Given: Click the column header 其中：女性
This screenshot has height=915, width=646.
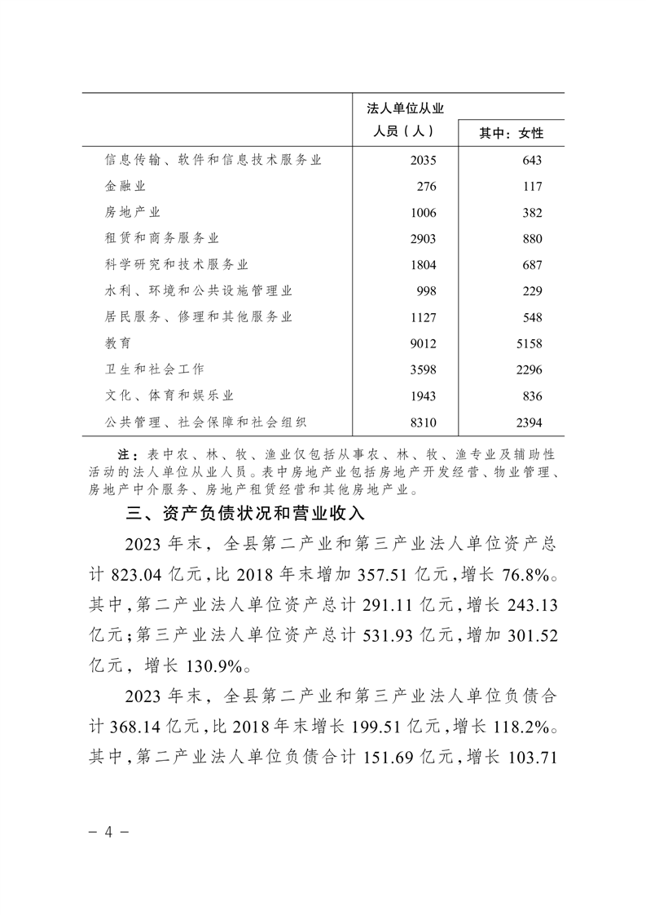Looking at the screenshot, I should point(512,133).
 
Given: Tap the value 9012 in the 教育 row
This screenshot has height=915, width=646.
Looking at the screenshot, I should point(424,343).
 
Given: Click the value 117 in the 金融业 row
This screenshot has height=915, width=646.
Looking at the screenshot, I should point(530,187).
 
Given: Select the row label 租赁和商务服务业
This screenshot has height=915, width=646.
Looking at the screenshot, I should point(162,239).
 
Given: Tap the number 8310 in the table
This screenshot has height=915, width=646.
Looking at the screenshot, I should point(424,422).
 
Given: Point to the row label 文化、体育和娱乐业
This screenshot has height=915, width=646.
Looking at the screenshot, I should point(169,396).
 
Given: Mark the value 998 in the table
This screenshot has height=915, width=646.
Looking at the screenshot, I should point(427,291).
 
